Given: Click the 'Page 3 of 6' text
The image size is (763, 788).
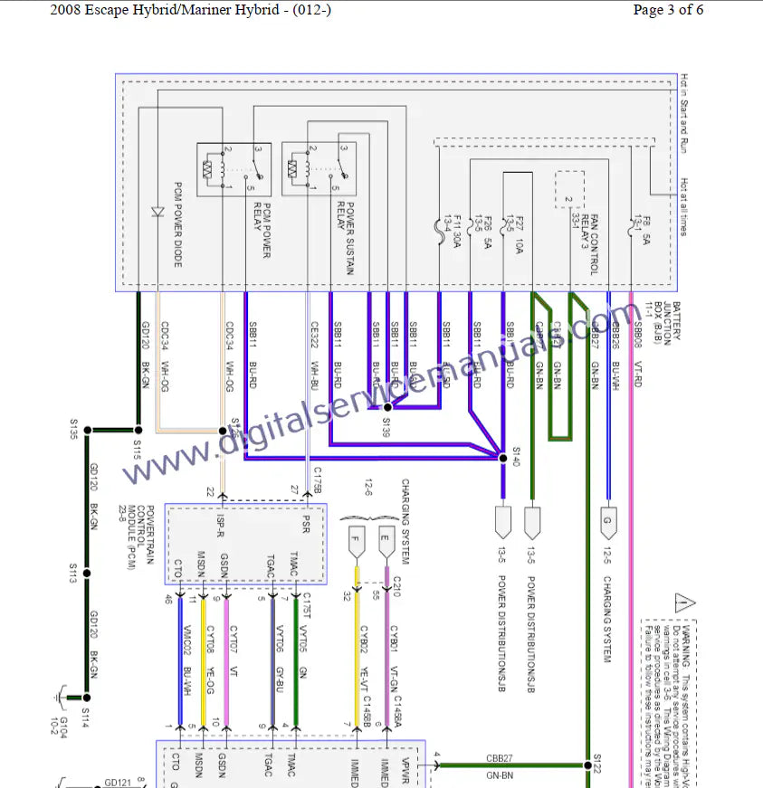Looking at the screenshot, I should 668,10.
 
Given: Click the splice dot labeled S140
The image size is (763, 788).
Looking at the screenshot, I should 502,459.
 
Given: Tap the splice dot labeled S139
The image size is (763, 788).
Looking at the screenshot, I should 387,408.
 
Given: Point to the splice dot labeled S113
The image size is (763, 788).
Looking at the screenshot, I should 88,573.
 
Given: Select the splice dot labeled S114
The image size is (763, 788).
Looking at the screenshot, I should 88,698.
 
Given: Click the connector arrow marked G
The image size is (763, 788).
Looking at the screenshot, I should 608,520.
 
